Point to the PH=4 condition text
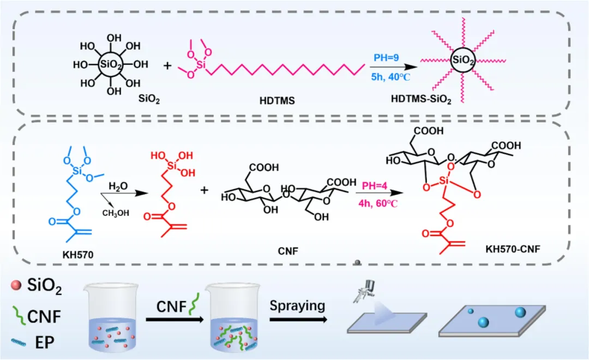point(372,179)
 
